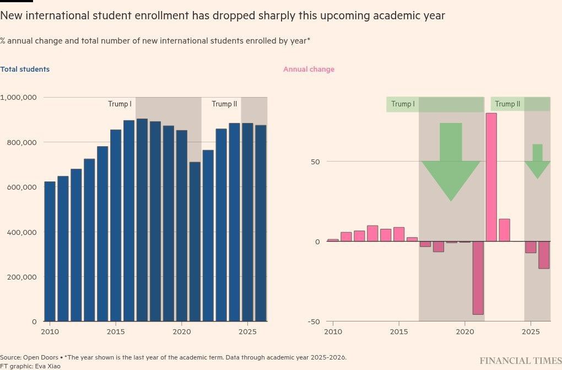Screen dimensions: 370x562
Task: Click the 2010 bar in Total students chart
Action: (x=50, y=251)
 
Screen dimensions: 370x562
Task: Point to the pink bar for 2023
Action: (x=504, y=230)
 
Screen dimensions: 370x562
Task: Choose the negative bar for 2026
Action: (x=544, y=255)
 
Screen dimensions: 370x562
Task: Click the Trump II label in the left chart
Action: (x=224, y=104)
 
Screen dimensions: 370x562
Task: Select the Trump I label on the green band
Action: (x=403, y=104)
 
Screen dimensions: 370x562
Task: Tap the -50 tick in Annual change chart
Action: (x=314, y=321)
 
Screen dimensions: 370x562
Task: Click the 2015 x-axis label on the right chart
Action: (x=398, y=331)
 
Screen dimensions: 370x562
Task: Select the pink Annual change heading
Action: (x=309, y=69)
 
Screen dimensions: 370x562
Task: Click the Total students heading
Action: (x=25, y=69)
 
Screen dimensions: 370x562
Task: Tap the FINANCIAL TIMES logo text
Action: (x=520, y=361)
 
